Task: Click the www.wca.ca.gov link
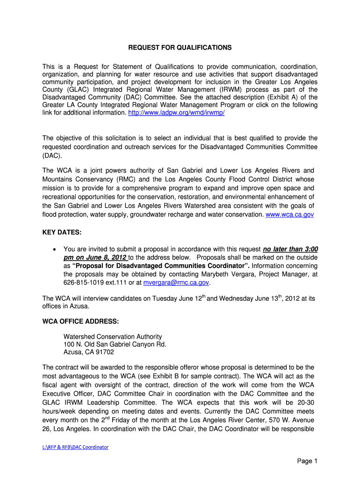tap(289, 214)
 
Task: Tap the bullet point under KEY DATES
tap(55, 249)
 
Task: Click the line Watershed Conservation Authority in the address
tap(113, 336)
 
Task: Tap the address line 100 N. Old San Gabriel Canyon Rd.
tap(115, 344)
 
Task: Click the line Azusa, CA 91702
tap(88, 352)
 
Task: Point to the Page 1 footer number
tap(307, 461)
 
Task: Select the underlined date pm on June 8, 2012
tap(95, 258)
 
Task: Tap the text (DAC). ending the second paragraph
tap(52, 155)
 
